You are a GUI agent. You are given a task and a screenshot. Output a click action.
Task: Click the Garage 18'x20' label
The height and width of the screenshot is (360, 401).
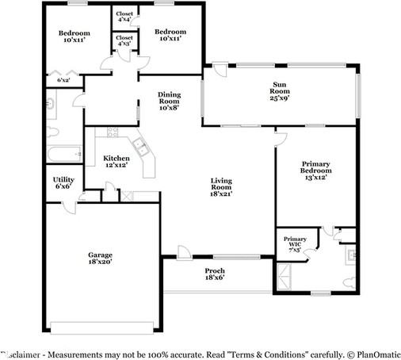point(100,258)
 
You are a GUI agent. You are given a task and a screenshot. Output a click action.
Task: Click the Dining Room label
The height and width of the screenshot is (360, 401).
point(169,101)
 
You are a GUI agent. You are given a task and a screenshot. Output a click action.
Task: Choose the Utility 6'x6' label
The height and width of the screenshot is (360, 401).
point(63,183)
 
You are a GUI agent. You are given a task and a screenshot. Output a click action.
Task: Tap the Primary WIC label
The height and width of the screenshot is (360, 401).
point(295,243)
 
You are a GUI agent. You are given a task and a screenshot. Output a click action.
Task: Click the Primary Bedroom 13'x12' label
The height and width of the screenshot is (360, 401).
point(315,171)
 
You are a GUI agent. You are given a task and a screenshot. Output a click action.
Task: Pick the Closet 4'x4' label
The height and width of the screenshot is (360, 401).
point(124,16)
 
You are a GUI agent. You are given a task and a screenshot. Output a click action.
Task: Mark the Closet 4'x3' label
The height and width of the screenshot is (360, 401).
point(124,40)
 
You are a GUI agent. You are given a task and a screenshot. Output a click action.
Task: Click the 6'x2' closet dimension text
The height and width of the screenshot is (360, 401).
point(63,80)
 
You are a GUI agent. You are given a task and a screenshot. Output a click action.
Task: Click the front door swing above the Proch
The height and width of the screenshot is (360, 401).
point(184,252)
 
